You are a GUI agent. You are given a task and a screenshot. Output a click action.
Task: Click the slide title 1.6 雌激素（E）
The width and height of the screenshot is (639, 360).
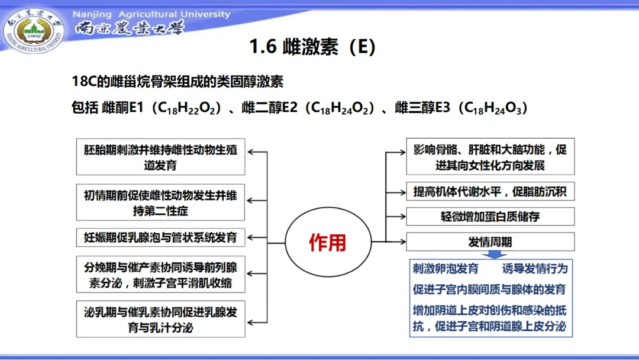(312, 46)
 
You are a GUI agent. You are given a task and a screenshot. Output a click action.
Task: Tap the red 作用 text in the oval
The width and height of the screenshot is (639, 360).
(327, 242)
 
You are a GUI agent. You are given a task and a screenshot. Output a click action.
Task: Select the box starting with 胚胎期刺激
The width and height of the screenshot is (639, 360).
(160, 157)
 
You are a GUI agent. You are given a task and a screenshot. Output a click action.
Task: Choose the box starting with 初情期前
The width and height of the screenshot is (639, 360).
(160, 202)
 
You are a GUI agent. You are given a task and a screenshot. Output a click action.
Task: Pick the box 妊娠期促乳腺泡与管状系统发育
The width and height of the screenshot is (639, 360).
(160, 238)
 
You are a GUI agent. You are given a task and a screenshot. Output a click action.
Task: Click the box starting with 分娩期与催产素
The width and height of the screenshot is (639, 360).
(160, 275)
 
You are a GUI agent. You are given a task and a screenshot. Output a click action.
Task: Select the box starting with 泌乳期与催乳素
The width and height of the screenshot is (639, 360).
(160, 319)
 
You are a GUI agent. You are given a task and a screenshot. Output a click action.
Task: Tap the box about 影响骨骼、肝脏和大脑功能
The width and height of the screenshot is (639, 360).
(490, 157)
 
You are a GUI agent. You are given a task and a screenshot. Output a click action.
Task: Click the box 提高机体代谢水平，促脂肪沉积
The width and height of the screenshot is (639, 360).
(490, 191)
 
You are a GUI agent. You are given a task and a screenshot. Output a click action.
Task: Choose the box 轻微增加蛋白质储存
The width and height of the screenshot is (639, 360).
(490, 216)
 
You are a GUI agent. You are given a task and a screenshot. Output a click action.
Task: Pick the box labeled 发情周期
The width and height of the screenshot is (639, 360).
(490, 242)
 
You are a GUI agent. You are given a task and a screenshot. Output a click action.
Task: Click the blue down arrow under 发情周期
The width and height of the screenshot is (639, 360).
(490, 255)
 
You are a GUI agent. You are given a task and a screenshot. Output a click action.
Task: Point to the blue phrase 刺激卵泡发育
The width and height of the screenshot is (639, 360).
(446, 269)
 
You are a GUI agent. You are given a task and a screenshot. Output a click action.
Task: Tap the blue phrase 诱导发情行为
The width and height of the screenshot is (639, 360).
(535, 269)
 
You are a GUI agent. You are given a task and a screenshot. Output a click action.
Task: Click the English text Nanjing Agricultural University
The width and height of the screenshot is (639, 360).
(151, 14)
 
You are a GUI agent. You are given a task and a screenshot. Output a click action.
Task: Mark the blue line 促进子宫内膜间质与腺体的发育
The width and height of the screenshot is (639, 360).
(489, 290)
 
